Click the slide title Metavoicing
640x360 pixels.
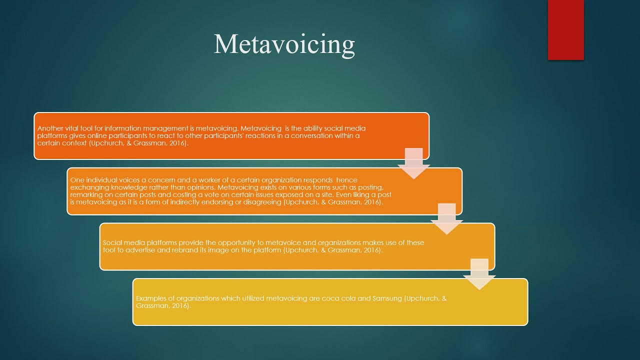[x=284, y=44]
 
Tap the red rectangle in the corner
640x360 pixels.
[x=565, y=30]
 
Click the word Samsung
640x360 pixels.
[x=387, y=298]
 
